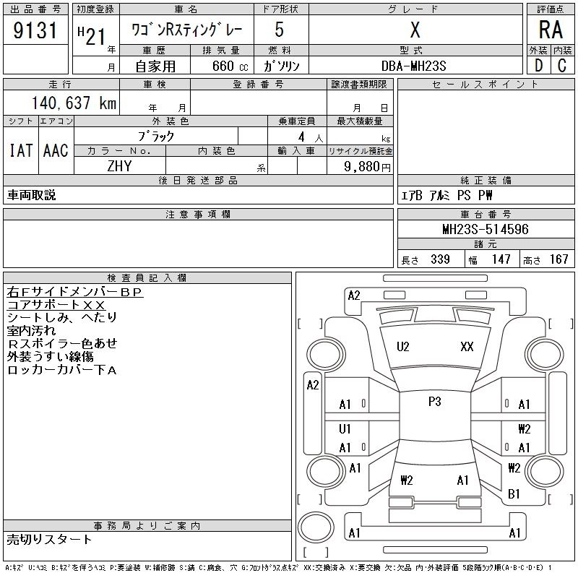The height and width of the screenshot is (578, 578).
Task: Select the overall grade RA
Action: [551, 30]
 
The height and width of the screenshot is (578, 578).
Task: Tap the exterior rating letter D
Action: [538, 65]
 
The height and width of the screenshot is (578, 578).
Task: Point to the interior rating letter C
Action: [562, 65]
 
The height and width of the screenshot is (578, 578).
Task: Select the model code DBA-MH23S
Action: [414, 66]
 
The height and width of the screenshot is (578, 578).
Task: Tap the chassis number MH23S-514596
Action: [485, 230]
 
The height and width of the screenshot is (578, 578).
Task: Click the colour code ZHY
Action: [119, 165]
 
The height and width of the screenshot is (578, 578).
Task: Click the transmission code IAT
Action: [20, 150]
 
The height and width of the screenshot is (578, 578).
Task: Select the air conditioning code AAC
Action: [55, 150]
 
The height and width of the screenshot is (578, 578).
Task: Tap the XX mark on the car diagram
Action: [467, 347]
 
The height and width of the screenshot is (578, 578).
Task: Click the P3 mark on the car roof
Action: [434, 402]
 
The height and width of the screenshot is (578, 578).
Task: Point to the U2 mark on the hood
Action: [403, 347]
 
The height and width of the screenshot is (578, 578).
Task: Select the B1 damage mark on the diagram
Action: [514, 494]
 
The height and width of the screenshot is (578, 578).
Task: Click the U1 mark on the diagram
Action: [345, 429]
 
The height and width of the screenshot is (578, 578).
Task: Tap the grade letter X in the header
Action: [415, 31]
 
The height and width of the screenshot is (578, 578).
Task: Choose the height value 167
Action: [558, 259]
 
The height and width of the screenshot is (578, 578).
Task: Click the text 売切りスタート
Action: [50, 539]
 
